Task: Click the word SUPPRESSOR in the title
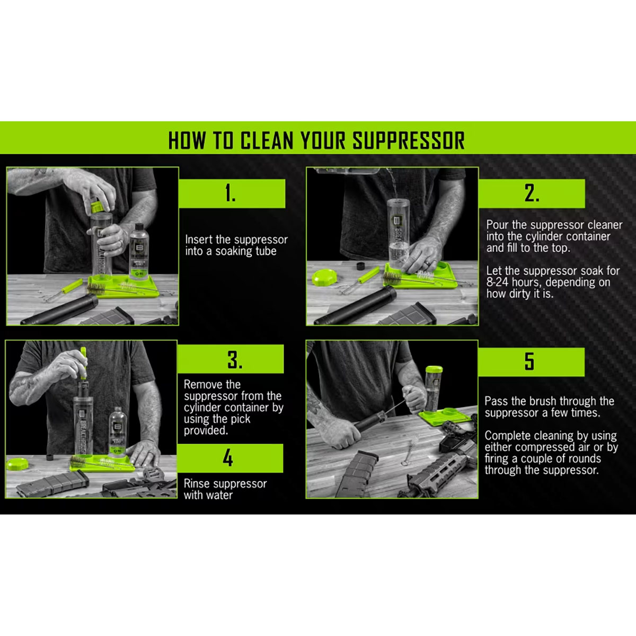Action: (409, 140)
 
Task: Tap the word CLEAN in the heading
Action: (267, 140)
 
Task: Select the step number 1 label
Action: (230, 193)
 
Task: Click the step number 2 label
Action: (532, 193)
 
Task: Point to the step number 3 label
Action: (235, 359)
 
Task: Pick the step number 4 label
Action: (228, 458)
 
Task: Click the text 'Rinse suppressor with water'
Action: (225, 489)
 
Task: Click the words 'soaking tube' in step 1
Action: (246, 251)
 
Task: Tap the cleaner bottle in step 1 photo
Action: (139, 252)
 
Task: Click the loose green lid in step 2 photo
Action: (325, 277)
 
